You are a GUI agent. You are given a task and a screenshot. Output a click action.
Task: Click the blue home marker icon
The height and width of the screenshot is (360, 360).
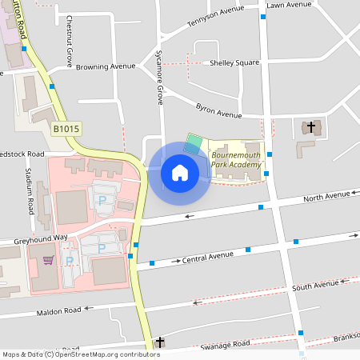point(179,172)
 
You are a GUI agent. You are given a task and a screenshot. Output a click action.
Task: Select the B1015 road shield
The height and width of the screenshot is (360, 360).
point(67,128)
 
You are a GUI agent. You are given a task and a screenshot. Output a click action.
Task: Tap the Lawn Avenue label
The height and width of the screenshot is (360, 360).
point(289,5)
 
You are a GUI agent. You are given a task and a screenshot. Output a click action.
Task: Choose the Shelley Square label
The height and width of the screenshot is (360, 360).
point(234,62)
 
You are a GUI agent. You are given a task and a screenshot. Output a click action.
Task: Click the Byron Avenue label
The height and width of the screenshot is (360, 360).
point(218,110)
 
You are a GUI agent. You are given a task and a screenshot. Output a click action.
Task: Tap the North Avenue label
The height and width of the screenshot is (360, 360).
point(326,196)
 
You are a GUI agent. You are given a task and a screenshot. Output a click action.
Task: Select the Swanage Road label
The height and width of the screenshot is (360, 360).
point(226,345)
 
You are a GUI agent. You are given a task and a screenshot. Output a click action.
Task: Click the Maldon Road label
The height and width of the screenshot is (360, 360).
point(58,310)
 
